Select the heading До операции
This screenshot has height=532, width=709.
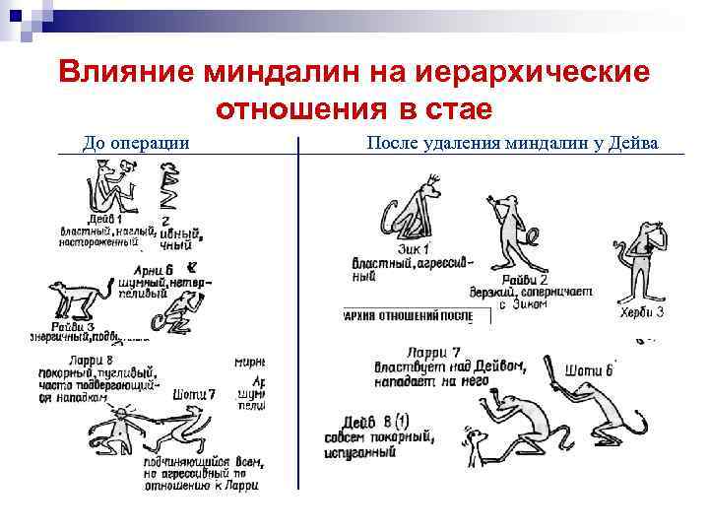[x=137, y=143]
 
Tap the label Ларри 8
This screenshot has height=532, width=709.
[x=62, y=361]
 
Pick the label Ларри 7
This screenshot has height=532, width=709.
[x=433, y=353]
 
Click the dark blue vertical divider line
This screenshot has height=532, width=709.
[x=297, y=315]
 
